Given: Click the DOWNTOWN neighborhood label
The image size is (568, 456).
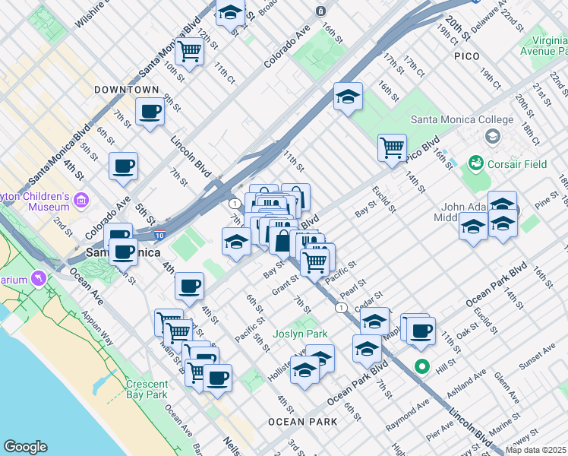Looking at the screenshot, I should [126, 90].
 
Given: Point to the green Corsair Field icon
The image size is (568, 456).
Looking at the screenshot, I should [476, 163].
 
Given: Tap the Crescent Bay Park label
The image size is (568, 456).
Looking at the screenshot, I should [146, 389].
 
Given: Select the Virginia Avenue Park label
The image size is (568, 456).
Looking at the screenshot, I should [543, 46].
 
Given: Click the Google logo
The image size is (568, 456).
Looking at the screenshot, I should [25, 447].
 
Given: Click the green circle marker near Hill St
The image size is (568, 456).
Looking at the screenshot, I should [421, 367].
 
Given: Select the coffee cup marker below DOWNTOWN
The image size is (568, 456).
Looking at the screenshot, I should [150, 112].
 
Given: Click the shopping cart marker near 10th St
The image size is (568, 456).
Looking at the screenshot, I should [189, 51].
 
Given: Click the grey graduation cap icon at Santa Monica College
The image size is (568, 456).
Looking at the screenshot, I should [492, 136].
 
